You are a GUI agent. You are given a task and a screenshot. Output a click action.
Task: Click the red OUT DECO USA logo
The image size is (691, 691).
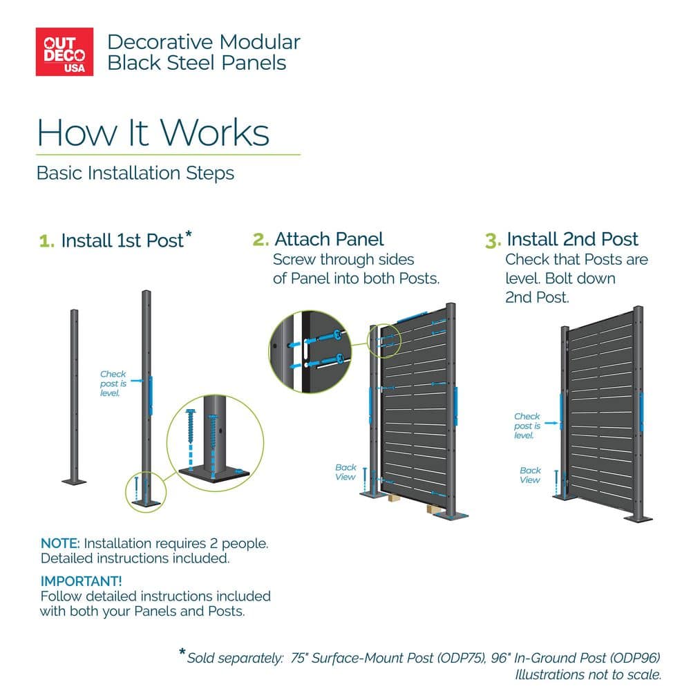(64, 52)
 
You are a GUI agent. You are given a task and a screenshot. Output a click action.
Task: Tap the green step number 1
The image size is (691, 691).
(47, 241)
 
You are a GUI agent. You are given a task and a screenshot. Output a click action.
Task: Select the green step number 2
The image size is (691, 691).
(261, 240)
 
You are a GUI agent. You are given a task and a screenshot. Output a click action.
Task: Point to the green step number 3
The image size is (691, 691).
(493, 240)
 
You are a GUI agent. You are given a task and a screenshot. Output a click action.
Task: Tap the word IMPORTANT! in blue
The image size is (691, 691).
(81, 581)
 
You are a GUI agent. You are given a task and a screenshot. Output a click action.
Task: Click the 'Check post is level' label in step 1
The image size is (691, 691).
(113, 384)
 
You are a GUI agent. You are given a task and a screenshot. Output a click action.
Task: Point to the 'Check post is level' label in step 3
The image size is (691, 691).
(527, 426)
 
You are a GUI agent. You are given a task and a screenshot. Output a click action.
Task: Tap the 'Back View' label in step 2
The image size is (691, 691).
(345, 472)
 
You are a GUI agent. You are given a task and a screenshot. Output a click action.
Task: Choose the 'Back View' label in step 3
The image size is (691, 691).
(530, 475)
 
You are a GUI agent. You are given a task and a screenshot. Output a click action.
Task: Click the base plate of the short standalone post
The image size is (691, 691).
(74, 482)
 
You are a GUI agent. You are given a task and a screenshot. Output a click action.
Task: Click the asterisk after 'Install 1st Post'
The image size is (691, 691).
(189, 234)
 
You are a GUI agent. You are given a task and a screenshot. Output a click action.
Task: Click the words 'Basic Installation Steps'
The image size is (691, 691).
(135, 173)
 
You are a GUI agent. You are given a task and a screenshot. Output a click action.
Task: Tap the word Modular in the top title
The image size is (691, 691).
(260, 42)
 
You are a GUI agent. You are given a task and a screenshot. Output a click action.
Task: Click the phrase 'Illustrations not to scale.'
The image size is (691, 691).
(588, 674)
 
